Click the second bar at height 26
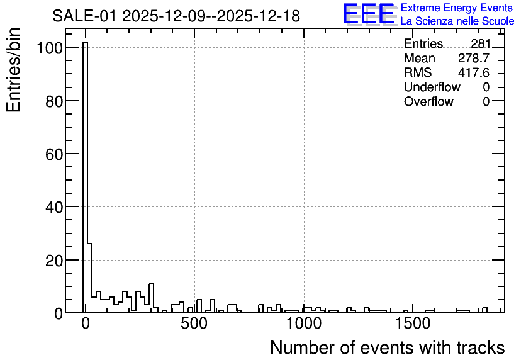[x=89, y=278]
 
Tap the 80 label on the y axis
[x=54, y=101]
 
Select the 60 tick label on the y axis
[x=54, y=154]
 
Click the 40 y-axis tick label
[x=54, y=207]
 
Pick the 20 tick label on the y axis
[x=54, y=261]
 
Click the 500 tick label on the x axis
[x=195, y=323]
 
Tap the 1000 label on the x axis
[x=304, y=323]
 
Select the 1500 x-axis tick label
[x=413, y=323]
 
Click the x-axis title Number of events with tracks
[x=388, y=347]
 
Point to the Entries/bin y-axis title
[x=14, y=70]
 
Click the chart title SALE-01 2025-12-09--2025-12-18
[x=176, y=16]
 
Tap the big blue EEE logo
[x=369, y=14]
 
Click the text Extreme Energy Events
[x=457, y=8]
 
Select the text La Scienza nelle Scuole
[x=457, y=21]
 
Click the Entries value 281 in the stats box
[x=480, y=43]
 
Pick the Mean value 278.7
[x=474, y=58]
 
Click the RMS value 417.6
[x=474, y=72]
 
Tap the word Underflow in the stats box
[x=432, y=87]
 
